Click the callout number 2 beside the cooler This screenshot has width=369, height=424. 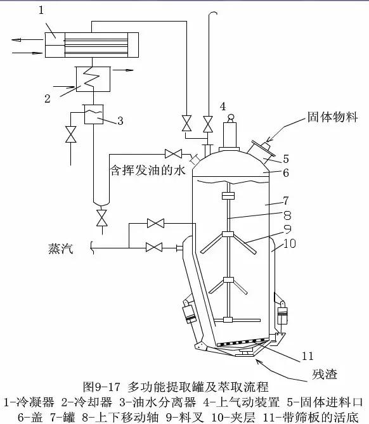point(47,99)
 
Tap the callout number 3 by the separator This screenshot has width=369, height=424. point(121,120)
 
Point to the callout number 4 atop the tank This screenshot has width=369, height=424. point(223,106)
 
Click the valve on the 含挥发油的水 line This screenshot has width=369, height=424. point(172,153)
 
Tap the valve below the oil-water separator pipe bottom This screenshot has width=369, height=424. point(100,218)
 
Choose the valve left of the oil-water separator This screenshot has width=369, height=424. point(71,134)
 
